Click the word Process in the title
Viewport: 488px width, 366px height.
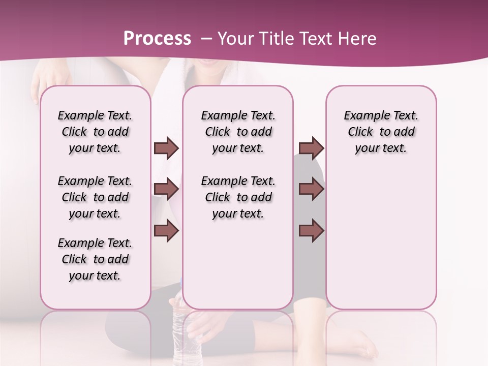click(157, 39)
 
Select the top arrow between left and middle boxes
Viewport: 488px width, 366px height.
click(166, 148)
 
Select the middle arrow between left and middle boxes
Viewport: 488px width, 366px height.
click(166, 189)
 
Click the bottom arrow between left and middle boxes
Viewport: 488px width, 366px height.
click(166, 230)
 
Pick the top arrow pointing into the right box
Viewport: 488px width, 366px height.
click(311, 148)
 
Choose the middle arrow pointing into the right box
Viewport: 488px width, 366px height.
click(311, 189)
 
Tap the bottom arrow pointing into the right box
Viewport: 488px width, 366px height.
click(311, 230)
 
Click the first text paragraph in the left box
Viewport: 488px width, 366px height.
click(95, 132)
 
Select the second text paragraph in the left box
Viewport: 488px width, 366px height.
click(95, 197)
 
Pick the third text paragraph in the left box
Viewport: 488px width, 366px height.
click(95, 259)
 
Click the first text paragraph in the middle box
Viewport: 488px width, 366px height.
click(238, 132)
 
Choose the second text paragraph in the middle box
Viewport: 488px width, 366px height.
click(238, 197)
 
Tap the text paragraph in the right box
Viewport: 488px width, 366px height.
click(381, 132)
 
